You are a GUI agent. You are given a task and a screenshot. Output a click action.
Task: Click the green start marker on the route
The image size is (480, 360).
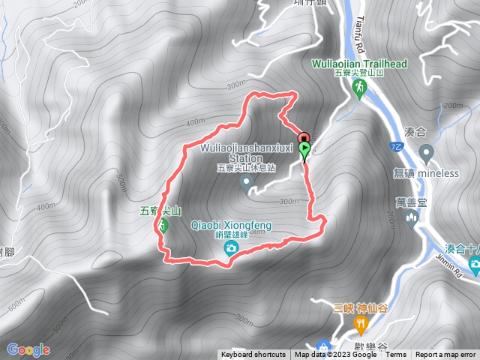point(305,149)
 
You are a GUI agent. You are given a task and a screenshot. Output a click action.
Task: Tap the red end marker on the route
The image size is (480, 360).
point(303,138)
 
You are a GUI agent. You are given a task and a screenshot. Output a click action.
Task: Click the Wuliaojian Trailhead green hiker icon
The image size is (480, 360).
point(358,88)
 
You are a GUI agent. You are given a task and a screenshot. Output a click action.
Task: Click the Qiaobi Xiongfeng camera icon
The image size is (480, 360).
point(232,247)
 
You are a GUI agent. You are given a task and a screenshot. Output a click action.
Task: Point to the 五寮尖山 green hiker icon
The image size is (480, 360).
point(163,224)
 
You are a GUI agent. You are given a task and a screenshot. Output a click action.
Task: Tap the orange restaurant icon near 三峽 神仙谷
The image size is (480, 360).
point(361,323)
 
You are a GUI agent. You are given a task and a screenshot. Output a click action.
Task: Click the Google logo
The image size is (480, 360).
point(28,349)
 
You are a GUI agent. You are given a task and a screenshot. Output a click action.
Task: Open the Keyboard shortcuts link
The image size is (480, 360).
point(253,355)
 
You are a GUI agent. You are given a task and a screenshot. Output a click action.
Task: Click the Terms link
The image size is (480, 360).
point(396,355)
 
